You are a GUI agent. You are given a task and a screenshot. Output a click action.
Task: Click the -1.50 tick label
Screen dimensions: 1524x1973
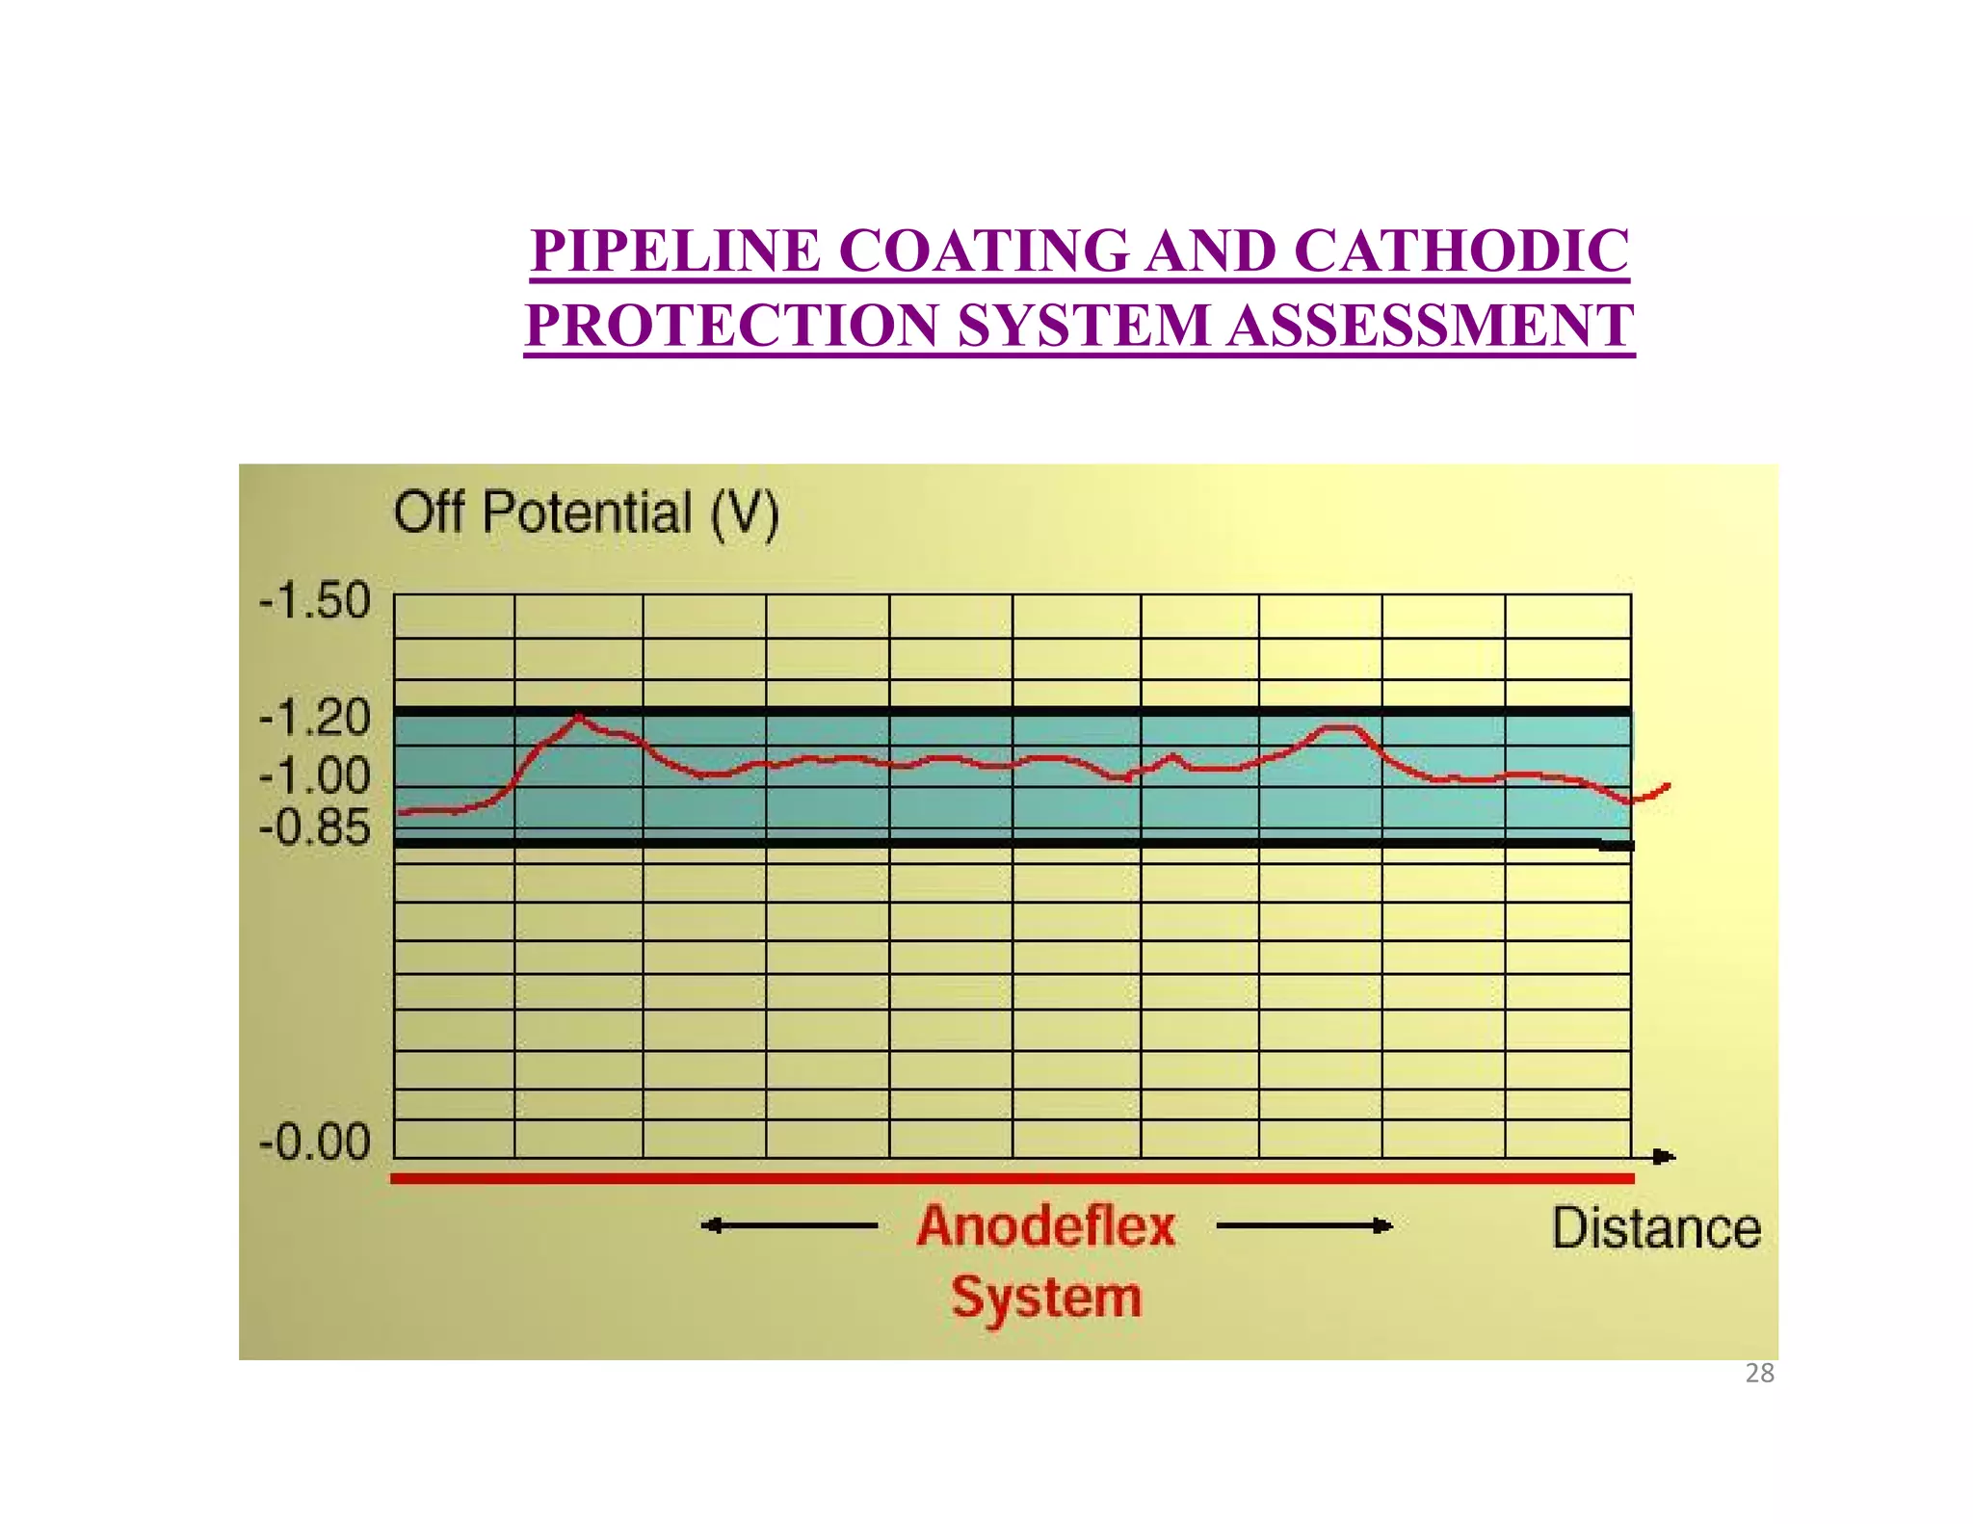pyautogui.click(x=314, y=601)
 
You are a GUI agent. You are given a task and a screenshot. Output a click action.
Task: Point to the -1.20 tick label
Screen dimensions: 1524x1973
pyautogui.click(x=314, y=718)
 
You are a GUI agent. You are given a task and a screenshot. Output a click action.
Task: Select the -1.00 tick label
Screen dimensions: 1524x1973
pyautogui.click(x=314, y=775)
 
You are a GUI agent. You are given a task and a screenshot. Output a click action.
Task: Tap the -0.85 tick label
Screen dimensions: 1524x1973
pyautogui.click(x=314, y=828)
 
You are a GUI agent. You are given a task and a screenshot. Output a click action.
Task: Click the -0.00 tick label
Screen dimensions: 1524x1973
pyautogui.click(x=314, y=1143)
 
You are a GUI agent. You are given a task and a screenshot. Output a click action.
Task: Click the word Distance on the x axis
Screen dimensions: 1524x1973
pyautogui.click(x=1656, y=1229)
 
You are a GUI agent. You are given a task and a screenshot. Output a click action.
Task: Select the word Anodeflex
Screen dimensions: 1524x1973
pyautogui.click(x=1046, y=1227)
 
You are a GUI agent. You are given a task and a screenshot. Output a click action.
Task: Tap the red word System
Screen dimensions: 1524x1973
pyautogui.click(x=1046, y=1297)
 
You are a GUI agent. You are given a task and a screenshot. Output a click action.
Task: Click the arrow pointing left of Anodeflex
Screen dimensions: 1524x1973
pyautogui.click(x=788, y=1226)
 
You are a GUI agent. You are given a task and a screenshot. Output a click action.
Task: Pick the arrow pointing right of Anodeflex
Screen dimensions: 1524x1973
pyautogui.click(x=1305, y=1226)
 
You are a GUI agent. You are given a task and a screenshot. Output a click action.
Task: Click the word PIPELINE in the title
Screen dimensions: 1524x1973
pyautogui.click(x=675, y=251)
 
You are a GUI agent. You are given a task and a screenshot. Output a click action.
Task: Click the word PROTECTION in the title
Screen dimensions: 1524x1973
pyautogui.click(x=732, y=326)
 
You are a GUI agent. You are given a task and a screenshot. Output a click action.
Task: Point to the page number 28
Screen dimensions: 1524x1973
pyautogui.click(x=1759, y=1374)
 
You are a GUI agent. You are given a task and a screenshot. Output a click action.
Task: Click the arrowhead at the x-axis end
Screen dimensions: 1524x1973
pyautogui.click(x=1664, y=1157)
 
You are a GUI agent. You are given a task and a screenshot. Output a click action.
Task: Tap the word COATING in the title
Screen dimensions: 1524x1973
pyautogui.click(x=983, y=251)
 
